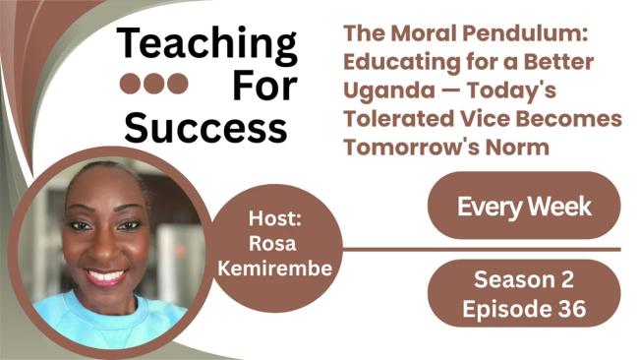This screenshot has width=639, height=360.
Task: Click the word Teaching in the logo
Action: click(207, 45)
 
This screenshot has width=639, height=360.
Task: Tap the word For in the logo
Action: click(263, 86)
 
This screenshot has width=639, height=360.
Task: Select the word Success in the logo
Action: click(207, 127)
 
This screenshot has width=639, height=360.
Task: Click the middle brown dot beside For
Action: click(152, 84)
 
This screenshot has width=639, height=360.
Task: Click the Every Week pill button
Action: click(523, 207)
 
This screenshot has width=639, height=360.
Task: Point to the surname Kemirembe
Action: click(286, 267)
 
